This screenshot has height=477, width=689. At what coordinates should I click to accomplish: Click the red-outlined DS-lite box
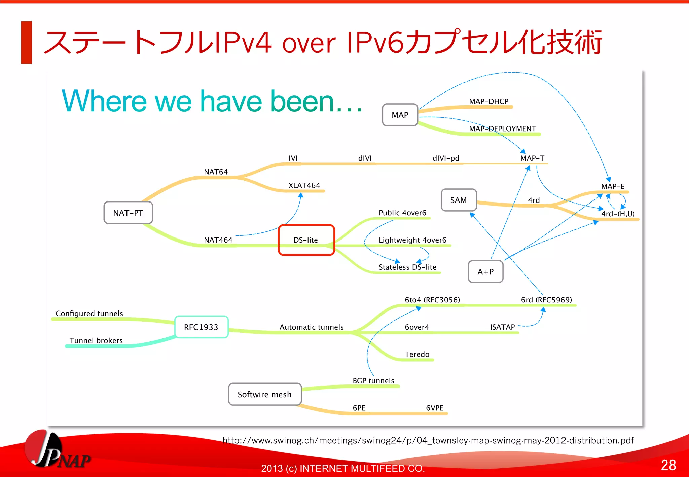[x=306, y=240]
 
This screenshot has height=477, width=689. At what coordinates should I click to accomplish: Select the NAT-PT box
[x=128, y=213]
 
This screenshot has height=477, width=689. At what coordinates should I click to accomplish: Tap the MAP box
[x=400, y=115]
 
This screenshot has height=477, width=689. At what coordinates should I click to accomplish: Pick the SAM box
[x=459, y=200]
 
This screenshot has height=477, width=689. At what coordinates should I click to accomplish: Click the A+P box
[x=485, y=271]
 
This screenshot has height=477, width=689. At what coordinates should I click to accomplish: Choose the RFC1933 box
[x=201, y=327]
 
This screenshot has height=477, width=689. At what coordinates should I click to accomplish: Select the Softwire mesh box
[x=265, y=394]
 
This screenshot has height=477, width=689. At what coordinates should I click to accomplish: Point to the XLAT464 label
[x=304, y=185]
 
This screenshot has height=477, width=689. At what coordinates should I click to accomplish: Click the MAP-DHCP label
[x=488, y=101]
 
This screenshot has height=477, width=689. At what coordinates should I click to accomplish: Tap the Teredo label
[x=417, y=354]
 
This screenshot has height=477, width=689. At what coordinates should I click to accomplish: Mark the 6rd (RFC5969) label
[x=546, y=300]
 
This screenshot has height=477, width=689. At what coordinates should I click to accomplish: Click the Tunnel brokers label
[x=96, y=340]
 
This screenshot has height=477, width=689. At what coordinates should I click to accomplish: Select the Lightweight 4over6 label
[x=412, y=240]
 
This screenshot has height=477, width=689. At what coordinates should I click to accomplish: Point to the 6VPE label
[x=434, y=408]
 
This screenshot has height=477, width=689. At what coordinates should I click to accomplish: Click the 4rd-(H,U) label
[x=618, y=214]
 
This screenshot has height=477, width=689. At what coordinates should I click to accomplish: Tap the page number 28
[x=668, y=465]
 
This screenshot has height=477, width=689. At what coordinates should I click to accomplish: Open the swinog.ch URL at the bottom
[x=428, y=440]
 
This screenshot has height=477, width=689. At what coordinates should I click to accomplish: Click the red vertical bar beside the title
[x=27, y=42]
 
